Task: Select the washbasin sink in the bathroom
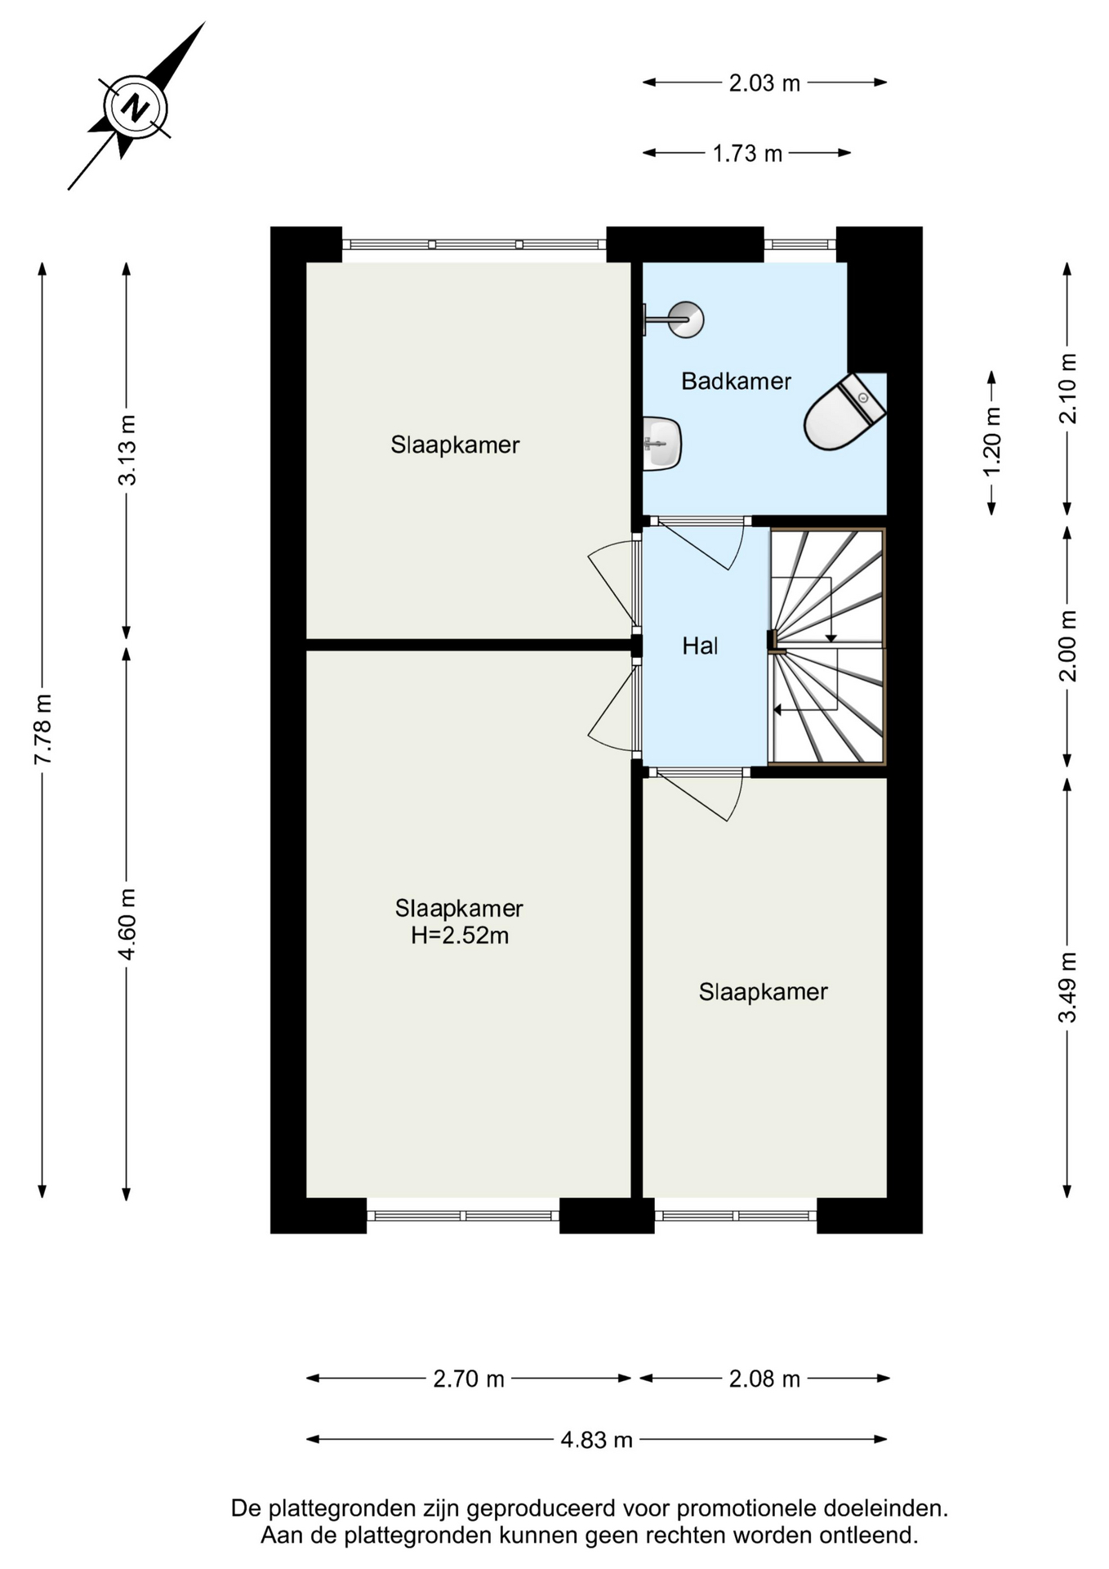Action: (x=662, y=444)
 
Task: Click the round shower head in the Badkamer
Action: (x=684, y=320)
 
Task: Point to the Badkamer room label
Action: (x=736, y=381)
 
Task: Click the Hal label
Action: (x=700, y=646)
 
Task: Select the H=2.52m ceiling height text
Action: (x=459, y=935)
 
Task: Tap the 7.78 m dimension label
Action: (x=42, y=730)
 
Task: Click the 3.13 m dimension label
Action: (x=127, y=449)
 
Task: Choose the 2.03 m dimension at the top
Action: (x=764, y=83)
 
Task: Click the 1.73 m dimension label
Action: (x=747, y=154)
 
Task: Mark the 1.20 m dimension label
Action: (x=991, y=442)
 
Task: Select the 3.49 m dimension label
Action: (x=1067, y=987)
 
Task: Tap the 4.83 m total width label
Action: (x=596, y=1439)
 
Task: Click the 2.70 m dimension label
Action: (x=469, y=1379)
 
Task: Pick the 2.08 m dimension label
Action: (x=764, y=1379)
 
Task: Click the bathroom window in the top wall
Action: (x=800, y=244)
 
